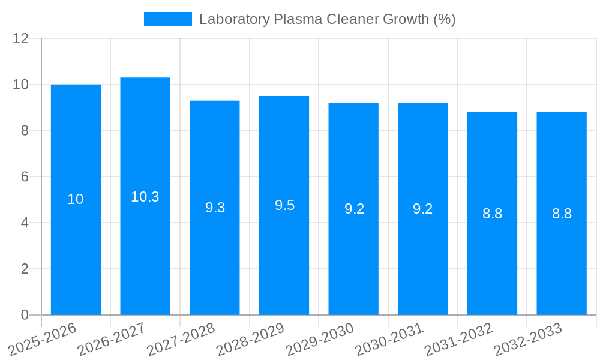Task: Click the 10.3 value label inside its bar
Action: coord(145,197)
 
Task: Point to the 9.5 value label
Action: coord(284,205)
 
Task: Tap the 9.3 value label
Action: coord(215,208)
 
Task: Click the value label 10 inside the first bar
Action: coord(76,199)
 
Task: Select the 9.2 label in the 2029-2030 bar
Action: coord(354,209)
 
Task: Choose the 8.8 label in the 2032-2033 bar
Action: coord(562,214)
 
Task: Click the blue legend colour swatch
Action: coord(168,19)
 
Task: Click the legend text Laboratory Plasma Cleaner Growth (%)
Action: coord(328,19)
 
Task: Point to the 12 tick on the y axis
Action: coord(21,38)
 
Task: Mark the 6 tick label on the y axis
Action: coord(25,177)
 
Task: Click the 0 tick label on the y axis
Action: coord(25,315)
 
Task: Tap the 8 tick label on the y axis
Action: coord(25,131)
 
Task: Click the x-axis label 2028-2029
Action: coord(250,339)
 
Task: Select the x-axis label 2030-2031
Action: coord(389,339)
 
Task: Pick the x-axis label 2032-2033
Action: coord(528,339)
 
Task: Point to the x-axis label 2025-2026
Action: coord(43,339)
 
